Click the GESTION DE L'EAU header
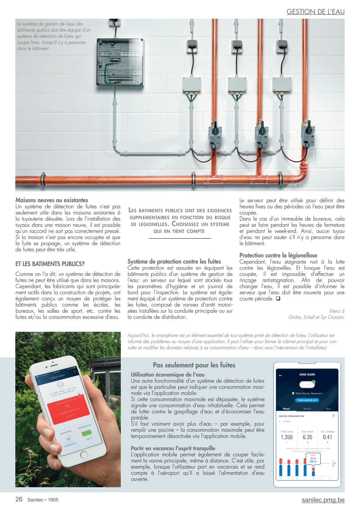315,12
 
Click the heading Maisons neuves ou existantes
52,200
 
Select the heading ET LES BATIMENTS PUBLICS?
50,264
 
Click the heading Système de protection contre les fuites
174,261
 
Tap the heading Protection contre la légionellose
278,255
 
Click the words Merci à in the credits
337,311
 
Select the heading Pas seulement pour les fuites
194,365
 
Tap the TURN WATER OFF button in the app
307,400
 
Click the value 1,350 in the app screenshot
287,437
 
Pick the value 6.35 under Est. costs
307,437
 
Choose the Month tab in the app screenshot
307,409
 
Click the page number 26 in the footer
19,499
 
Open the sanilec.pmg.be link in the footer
323,500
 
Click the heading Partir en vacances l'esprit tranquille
173,448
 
